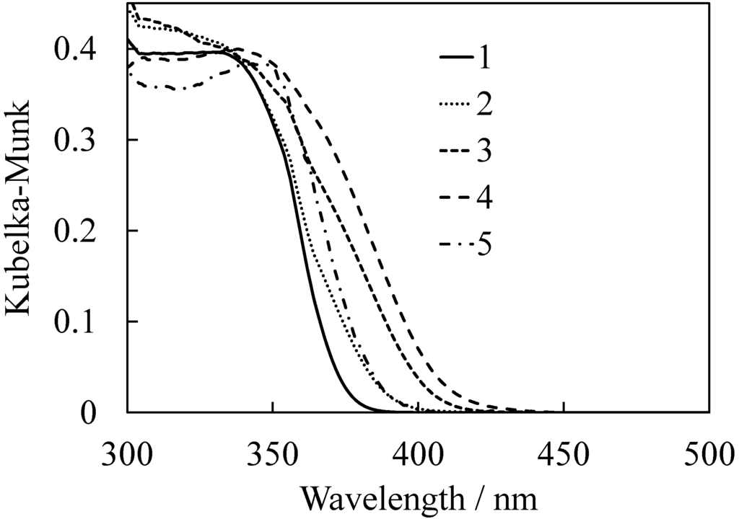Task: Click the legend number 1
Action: point(484,58)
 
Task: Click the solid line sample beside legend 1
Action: point(456,58)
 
